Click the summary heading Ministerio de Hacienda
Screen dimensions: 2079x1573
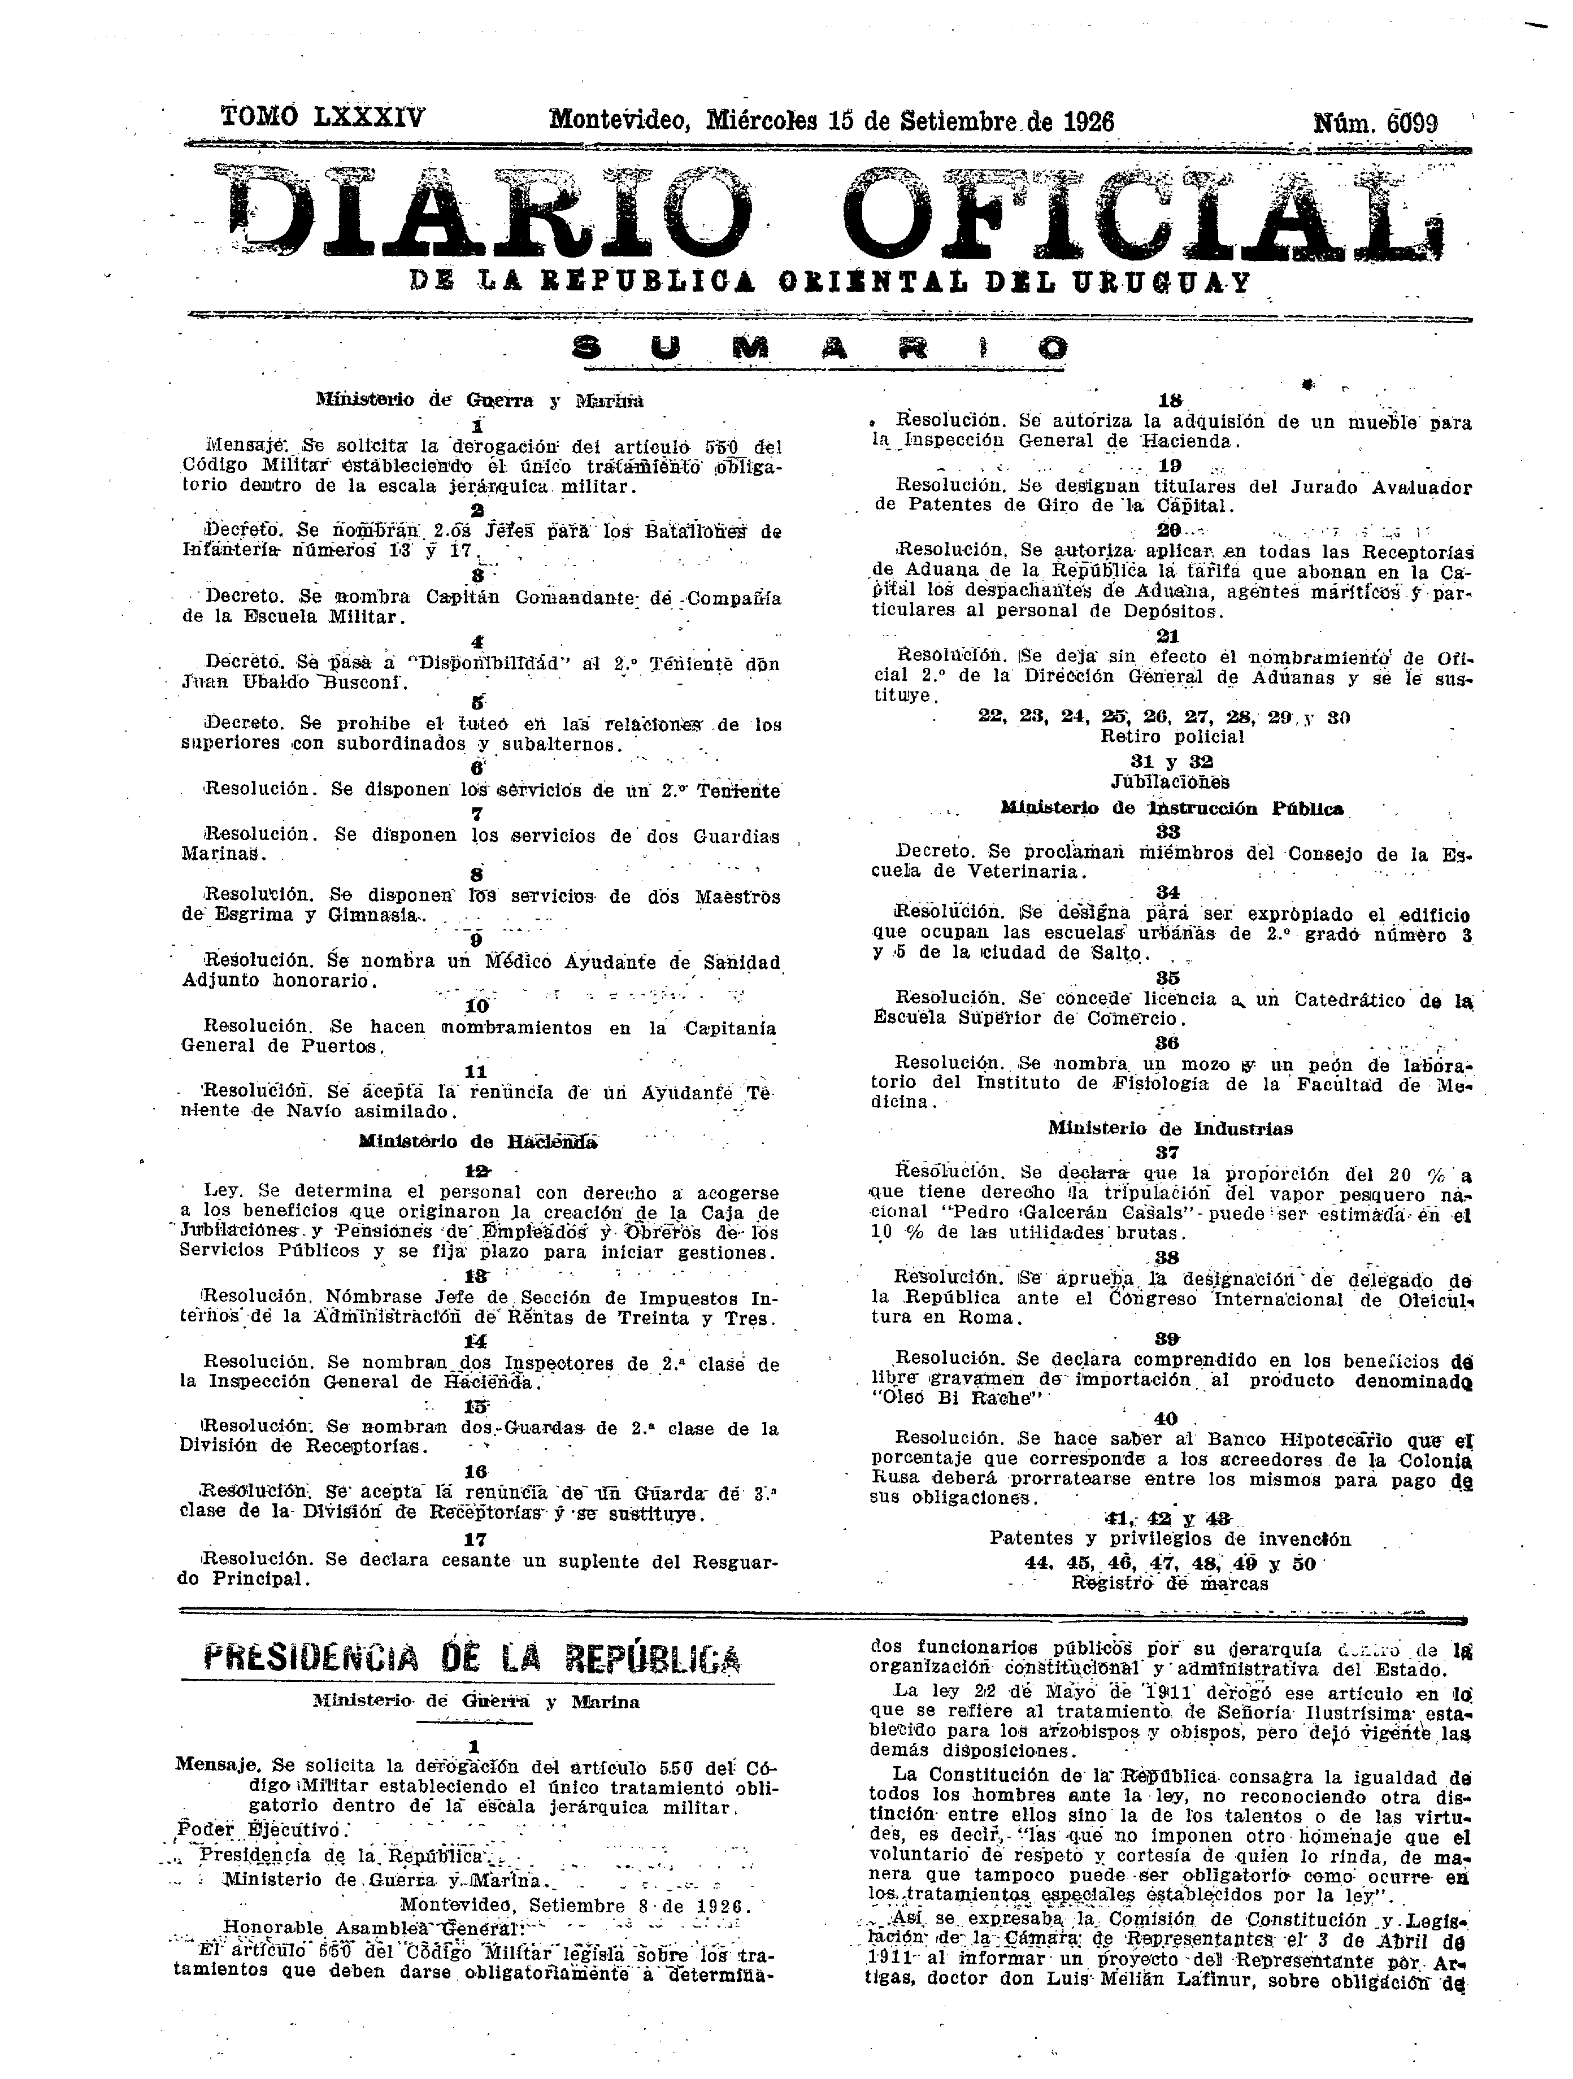point(477,1142)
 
